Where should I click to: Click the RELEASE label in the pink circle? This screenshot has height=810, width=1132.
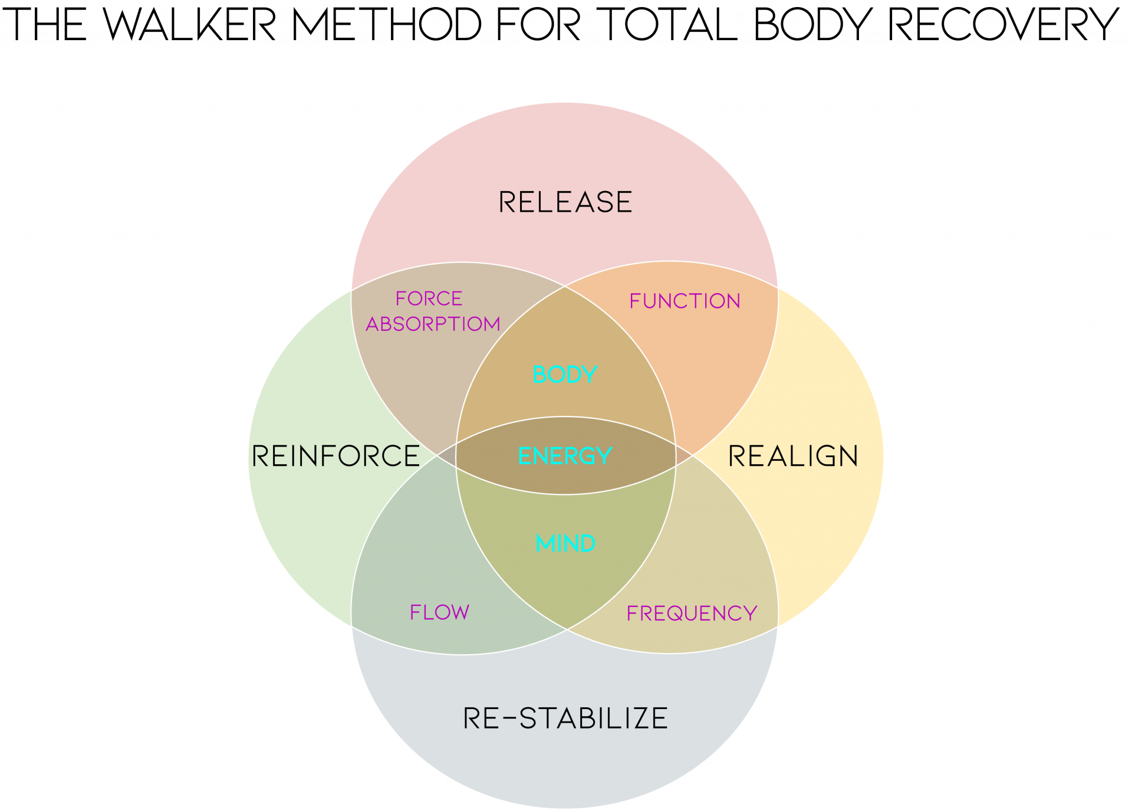click(x=565, y=202)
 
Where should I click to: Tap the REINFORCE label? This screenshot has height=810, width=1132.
click(x=335, y=456)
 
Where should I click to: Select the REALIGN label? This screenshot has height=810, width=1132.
click(x=793, y=456)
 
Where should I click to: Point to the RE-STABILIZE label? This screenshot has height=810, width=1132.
click(x=565, y=719)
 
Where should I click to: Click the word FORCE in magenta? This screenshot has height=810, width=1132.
click(x=429, y=299)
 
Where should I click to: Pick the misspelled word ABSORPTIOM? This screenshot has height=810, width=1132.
click(x=433, y=324)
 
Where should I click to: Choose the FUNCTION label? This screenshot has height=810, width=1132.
click(x=685, y=301)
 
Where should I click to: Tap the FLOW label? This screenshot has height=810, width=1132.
click(x=439, y=612)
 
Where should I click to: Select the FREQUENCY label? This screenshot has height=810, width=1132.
click(x=692, y=614)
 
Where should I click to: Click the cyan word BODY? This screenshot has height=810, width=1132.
click(x=565, y=375)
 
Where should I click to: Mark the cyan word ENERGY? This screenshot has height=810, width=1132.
click(x=565, y=456)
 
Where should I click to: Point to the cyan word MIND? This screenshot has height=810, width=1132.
click(x=565, y=543)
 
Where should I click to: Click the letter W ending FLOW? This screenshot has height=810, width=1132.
click(x=459, y=612)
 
